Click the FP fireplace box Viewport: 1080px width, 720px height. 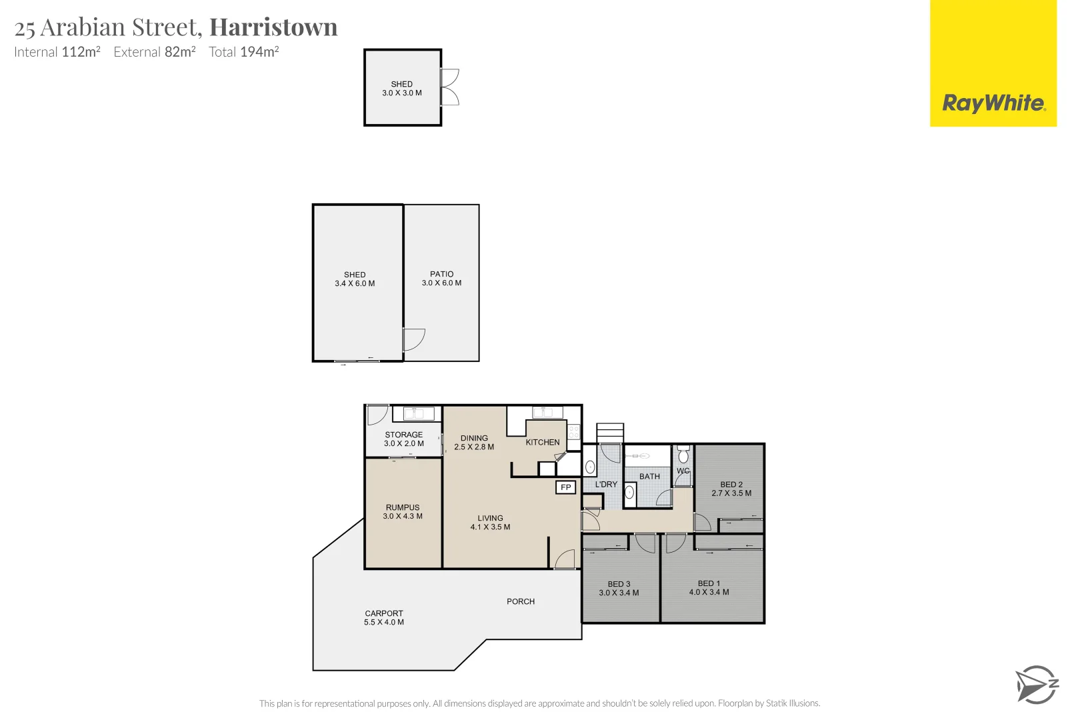point(565,487)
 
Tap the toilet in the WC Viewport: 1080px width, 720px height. point(683,455)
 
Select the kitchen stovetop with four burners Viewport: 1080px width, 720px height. point(573,432)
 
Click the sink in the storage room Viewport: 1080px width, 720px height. point(413,413)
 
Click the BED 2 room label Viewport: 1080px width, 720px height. point(731,485)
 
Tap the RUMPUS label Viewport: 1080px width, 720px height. point(403,507)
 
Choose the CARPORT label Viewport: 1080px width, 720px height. point(384,613)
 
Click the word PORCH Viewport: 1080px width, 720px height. point(521,601)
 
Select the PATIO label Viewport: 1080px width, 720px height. point(441,274)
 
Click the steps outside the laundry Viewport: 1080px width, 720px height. point(610,433)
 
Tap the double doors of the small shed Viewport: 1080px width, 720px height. point(451,87)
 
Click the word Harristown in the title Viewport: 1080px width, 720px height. point(273,27)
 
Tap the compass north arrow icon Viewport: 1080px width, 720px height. point(1036,684)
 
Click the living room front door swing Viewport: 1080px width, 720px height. point(565,559)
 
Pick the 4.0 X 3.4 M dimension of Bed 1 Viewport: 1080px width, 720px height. point(709,592)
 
